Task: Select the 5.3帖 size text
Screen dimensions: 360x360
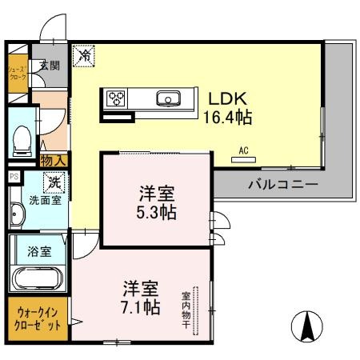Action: click(x=156, y=213)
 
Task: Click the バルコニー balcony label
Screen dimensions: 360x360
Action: click(x=283, y=185)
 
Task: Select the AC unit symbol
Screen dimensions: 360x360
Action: click(x=243, y=158)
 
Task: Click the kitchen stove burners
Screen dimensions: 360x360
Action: click(x=116, y=99)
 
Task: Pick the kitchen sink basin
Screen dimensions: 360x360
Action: click(x=169, y=99)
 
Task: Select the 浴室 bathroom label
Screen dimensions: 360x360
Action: click(x=40, y=251)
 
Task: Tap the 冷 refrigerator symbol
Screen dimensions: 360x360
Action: click(x=83, y=56)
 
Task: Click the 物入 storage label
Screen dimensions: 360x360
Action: click(x=54, y=161)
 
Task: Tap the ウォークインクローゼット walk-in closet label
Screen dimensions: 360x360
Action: click(x=37, y=318)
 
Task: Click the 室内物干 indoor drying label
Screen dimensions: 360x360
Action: click(x=186, y=309)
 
